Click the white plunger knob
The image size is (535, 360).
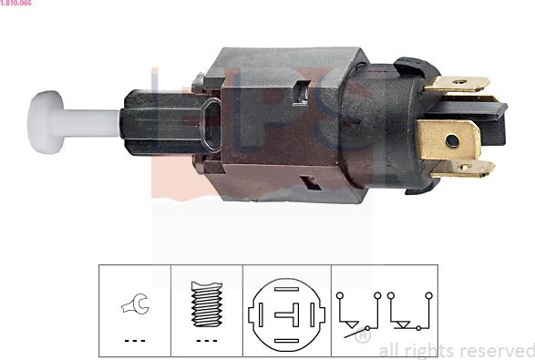pyautogui.click(x=46, y=122)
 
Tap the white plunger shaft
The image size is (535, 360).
pyautogui.click(x=91, y=123)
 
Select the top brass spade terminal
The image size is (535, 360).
pyautogui.click(x=457, y=84)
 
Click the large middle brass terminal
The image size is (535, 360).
pyautogui.click(x=448, y=140)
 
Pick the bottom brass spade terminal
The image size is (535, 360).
pyautogui.click(x=462, y=169)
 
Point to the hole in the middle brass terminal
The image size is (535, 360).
pyautogui.click(x=452, y=141)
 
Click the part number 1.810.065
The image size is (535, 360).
pyautogui.click(x=16, y=3)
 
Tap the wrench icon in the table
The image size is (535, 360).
pyautogui.click(x=135, y=303)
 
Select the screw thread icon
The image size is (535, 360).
pyautogui.click(x=207, y=304)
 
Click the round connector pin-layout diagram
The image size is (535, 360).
pyautogui.click(x=286, y=314)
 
